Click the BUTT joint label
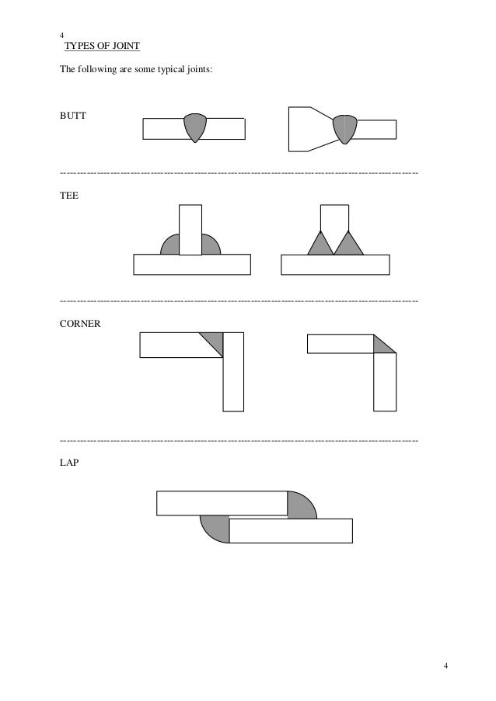pos(74,116)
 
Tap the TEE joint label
pos(69,197)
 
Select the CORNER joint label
pos(80,321)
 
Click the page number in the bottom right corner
pos(445,666)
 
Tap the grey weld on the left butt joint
pos(195,127)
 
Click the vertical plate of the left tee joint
pos(190,228)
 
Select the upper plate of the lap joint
pos(222,503)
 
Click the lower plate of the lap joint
pos(292,531)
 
